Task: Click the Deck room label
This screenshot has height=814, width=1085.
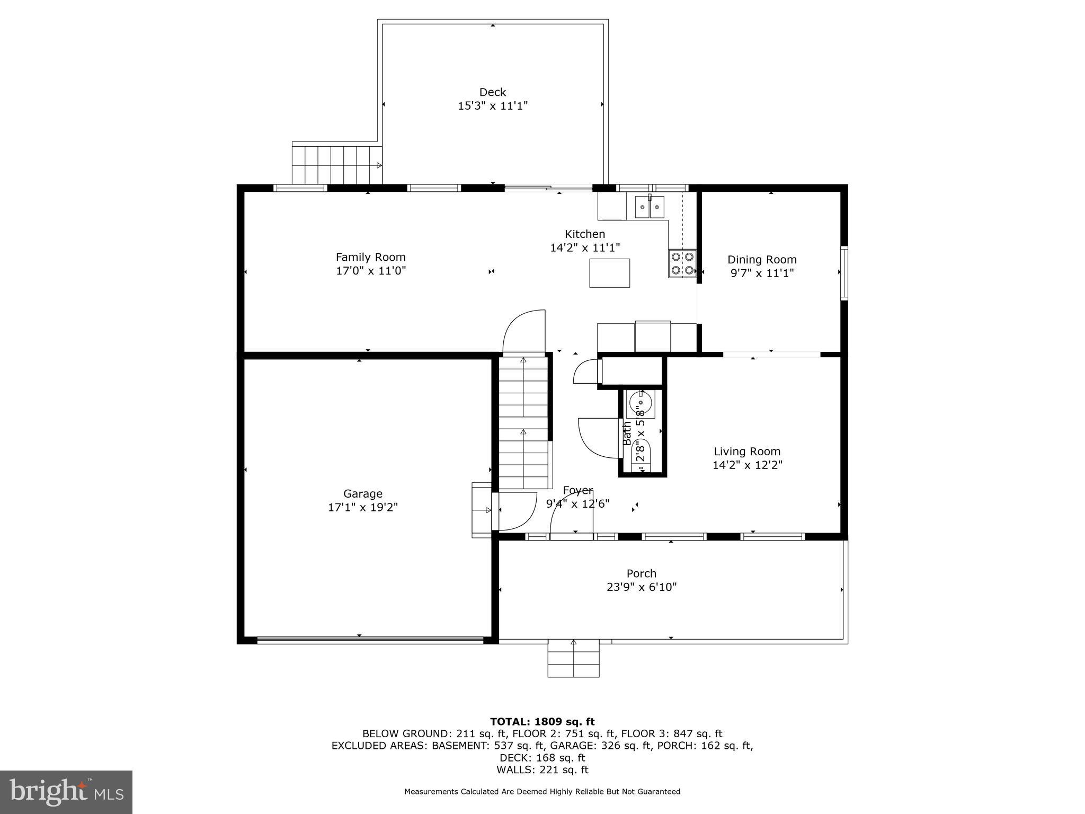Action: [492, 92]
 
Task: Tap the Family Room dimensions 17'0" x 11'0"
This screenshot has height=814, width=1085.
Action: [371, 271]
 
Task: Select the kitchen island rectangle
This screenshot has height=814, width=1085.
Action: [609, 273]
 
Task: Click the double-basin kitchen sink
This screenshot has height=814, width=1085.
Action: [649, 207]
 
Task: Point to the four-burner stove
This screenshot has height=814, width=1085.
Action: [682, 263]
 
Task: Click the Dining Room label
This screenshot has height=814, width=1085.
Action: [761, 260]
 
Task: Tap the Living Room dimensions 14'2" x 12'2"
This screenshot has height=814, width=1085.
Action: [747, 465]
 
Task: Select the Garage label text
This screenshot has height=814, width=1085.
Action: [362, 494]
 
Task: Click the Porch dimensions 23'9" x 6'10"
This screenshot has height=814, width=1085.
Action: [641, 587]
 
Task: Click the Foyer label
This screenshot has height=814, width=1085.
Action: [577, 490]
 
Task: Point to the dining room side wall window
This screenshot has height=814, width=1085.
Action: [844, 273]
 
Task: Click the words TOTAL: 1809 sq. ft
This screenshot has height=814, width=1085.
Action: [542, 722]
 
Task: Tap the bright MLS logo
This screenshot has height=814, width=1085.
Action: [66, 792]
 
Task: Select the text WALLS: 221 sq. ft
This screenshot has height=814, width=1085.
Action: [542, 770]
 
